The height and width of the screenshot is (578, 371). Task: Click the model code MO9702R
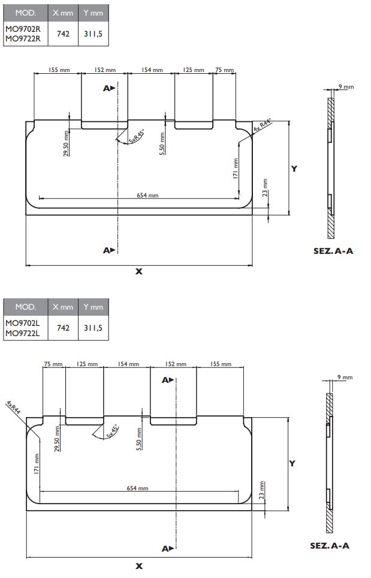[x=23, y=28]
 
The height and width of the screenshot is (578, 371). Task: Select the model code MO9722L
[x=23, y=333]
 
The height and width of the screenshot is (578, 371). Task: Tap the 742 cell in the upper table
[x=62, y=34]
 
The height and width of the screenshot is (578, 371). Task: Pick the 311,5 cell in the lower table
[x=93, y=328]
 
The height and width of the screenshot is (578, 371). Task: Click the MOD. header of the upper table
[x=22, y=12]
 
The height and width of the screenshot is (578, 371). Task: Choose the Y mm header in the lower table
[x=93, y=307]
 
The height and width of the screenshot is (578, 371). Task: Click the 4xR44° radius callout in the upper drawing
[x=262, y=125]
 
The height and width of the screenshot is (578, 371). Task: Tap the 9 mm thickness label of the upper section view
[x=346, y=87]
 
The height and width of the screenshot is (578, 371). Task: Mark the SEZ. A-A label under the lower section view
[x=329, y=545]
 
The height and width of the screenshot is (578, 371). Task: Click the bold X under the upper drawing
[x=139, y=271]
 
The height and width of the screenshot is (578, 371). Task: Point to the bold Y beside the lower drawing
[x=292, y=463]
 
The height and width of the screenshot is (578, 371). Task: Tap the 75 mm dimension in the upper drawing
[x=225, y=70]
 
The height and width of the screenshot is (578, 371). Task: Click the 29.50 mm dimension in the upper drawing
[x=66, y=145]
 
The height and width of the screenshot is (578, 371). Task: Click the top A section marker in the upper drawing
[x=108, y=88]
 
